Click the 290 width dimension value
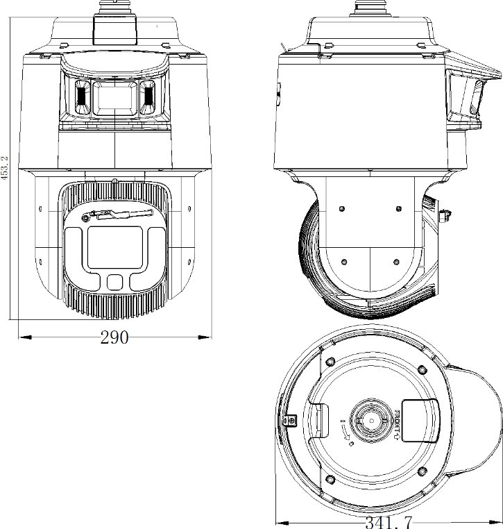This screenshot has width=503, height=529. pyautogui.click(x=114, y=338)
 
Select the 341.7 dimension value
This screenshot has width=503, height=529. pyautogui.click(x=389, y=521)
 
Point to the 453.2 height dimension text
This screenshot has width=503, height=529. pyautogui.click(x=5, y=167)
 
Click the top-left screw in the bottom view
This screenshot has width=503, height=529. pyautogui.click(x=330, y=361)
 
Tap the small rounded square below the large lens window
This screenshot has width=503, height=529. pyautogui.click(x=115, y=280)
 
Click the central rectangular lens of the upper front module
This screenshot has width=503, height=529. pyautogui.click(x=115, y=97)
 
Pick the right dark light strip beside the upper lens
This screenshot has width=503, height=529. pyautogui.click(x=148, y=97)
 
